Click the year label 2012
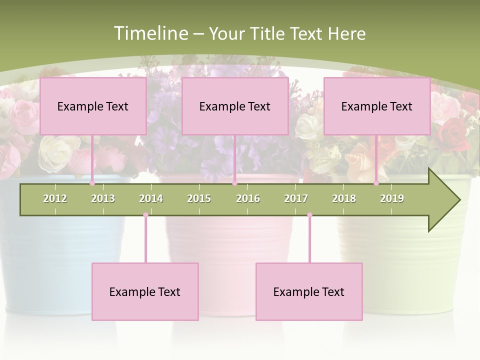click(55, 198)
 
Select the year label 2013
click(103, 198)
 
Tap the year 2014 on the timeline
click(151, 198)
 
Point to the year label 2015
click(199, 198)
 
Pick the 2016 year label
click(248, 198)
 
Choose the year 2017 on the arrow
click(296, 198)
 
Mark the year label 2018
click(344, 198)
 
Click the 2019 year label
click(392, 198)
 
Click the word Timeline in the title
click(149, 33)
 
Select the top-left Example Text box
click(93, 106)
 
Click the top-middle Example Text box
click(235, 106)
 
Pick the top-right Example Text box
click(377, 106)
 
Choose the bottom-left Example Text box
click(145, 291)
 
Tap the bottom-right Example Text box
click(309, 291)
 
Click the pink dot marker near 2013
click(92, 183)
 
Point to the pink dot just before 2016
click(234, 183)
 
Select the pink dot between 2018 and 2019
click(376, 183)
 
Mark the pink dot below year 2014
click(145, 215)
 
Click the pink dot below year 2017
click(309, 215)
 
